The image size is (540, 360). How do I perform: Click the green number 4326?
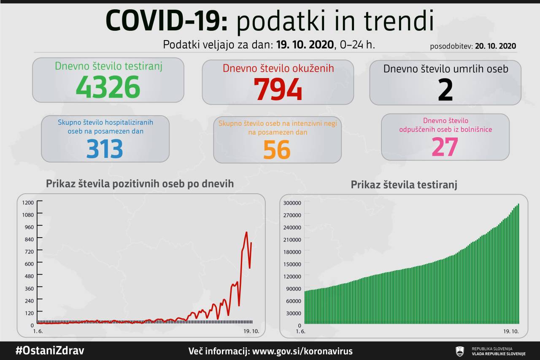pos(108,87)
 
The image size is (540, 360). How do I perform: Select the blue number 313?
pos(105,149)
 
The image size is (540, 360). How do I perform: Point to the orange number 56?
pos(277,149)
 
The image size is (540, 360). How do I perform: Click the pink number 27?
pos(445,146)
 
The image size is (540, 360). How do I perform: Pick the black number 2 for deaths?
pos(445,89)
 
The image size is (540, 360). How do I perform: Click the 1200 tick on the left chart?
pos(28,202)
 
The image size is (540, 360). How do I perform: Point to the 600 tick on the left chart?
pos(28,263)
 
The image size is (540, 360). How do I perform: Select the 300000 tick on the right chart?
pos(292,203)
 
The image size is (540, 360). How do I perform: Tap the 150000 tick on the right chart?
pos(292,264)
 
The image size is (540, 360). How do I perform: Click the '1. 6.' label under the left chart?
pos(38,331)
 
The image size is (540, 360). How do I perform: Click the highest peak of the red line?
pos(246,232)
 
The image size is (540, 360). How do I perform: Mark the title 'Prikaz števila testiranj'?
pos(404,185)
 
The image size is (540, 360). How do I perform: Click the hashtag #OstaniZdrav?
pos(50,351)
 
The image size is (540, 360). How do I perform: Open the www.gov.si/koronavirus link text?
pos(302,351)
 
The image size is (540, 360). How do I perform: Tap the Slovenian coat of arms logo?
pos(460,351)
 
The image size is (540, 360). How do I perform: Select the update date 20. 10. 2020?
pos(495,46)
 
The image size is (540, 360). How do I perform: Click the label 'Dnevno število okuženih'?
pos(278,68)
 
